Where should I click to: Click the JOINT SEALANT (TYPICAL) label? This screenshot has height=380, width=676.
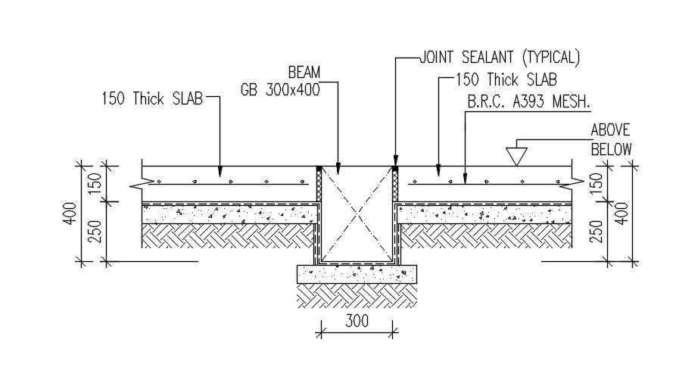coord(500,57)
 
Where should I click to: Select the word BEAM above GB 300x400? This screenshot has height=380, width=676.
coord(304,73)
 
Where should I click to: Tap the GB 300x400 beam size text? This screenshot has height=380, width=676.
coord(281,89)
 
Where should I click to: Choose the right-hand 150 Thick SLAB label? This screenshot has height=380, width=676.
coord(507,79)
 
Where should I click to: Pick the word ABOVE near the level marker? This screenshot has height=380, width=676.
coord(610,130)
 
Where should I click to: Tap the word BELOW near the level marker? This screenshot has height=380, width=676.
coord(611,149)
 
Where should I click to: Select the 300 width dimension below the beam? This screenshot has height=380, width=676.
coord(356,321)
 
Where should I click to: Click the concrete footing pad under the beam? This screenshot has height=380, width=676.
coord(356,273)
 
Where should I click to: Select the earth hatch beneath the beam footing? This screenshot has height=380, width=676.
coord(356,295)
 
